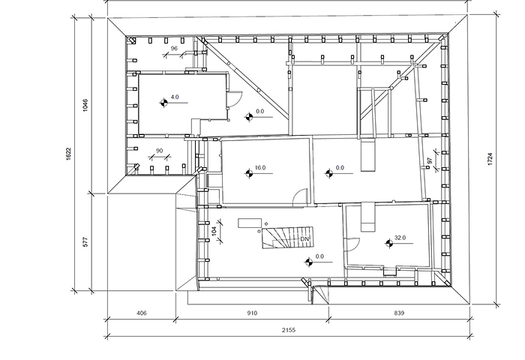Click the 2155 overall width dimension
click(289, 330)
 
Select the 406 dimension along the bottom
click(142, 313)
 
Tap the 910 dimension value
click(252, 313)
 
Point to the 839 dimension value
click(399, 313)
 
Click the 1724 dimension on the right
click(490, 159)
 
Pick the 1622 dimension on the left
click(68, 154)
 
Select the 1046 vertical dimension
click(85, 105)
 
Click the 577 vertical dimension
click(85, 241)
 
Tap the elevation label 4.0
click(175, 97)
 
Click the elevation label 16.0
click(260, 167)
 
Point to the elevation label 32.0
click(400, 238)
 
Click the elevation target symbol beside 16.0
click(248, 173)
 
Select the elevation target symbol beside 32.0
click(388, 244)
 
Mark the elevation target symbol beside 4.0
click(163, 103)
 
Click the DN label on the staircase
click(304, 239)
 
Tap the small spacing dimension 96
click(174, 49)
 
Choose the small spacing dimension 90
click(159, 151)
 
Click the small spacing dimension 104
click(214, 230)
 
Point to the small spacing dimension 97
click(430, 160)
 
